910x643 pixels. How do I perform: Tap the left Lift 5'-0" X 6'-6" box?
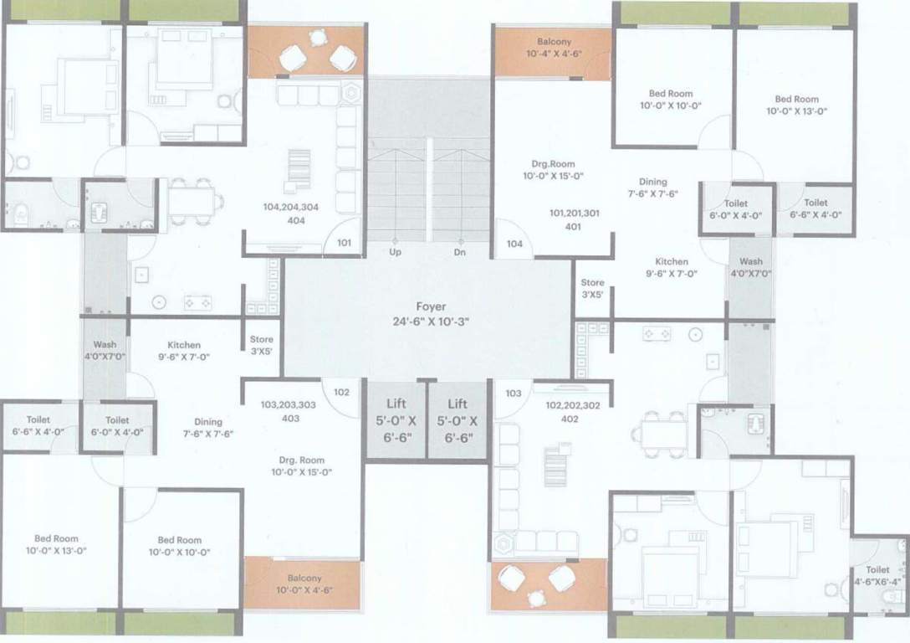tap(396, 419)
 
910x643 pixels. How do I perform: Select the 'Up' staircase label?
tap(396, 251)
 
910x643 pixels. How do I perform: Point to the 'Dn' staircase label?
tap(460, 251)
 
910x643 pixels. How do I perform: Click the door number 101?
tap(345, 244)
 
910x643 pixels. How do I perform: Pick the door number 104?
tap(514, 244)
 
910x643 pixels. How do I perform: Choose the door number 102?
tap(341, 392)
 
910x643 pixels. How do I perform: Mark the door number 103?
tap(514, 392)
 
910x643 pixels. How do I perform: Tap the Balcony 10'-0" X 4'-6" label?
tap(304, 584)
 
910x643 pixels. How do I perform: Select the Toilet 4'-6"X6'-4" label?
tap(878, 575)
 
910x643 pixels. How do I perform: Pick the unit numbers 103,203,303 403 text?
tap(288, 411)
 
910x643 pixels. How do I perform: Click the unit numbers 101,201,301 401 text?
tap(574, 219)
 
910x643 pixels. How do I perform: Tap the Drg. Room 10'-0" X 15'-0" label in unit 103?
tap(302, 466)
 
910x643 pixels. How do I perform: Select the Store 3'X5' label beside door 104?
tap(592, 289)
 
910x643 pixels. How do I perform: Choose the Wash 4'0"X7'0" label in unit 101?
tap(750, 267)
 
